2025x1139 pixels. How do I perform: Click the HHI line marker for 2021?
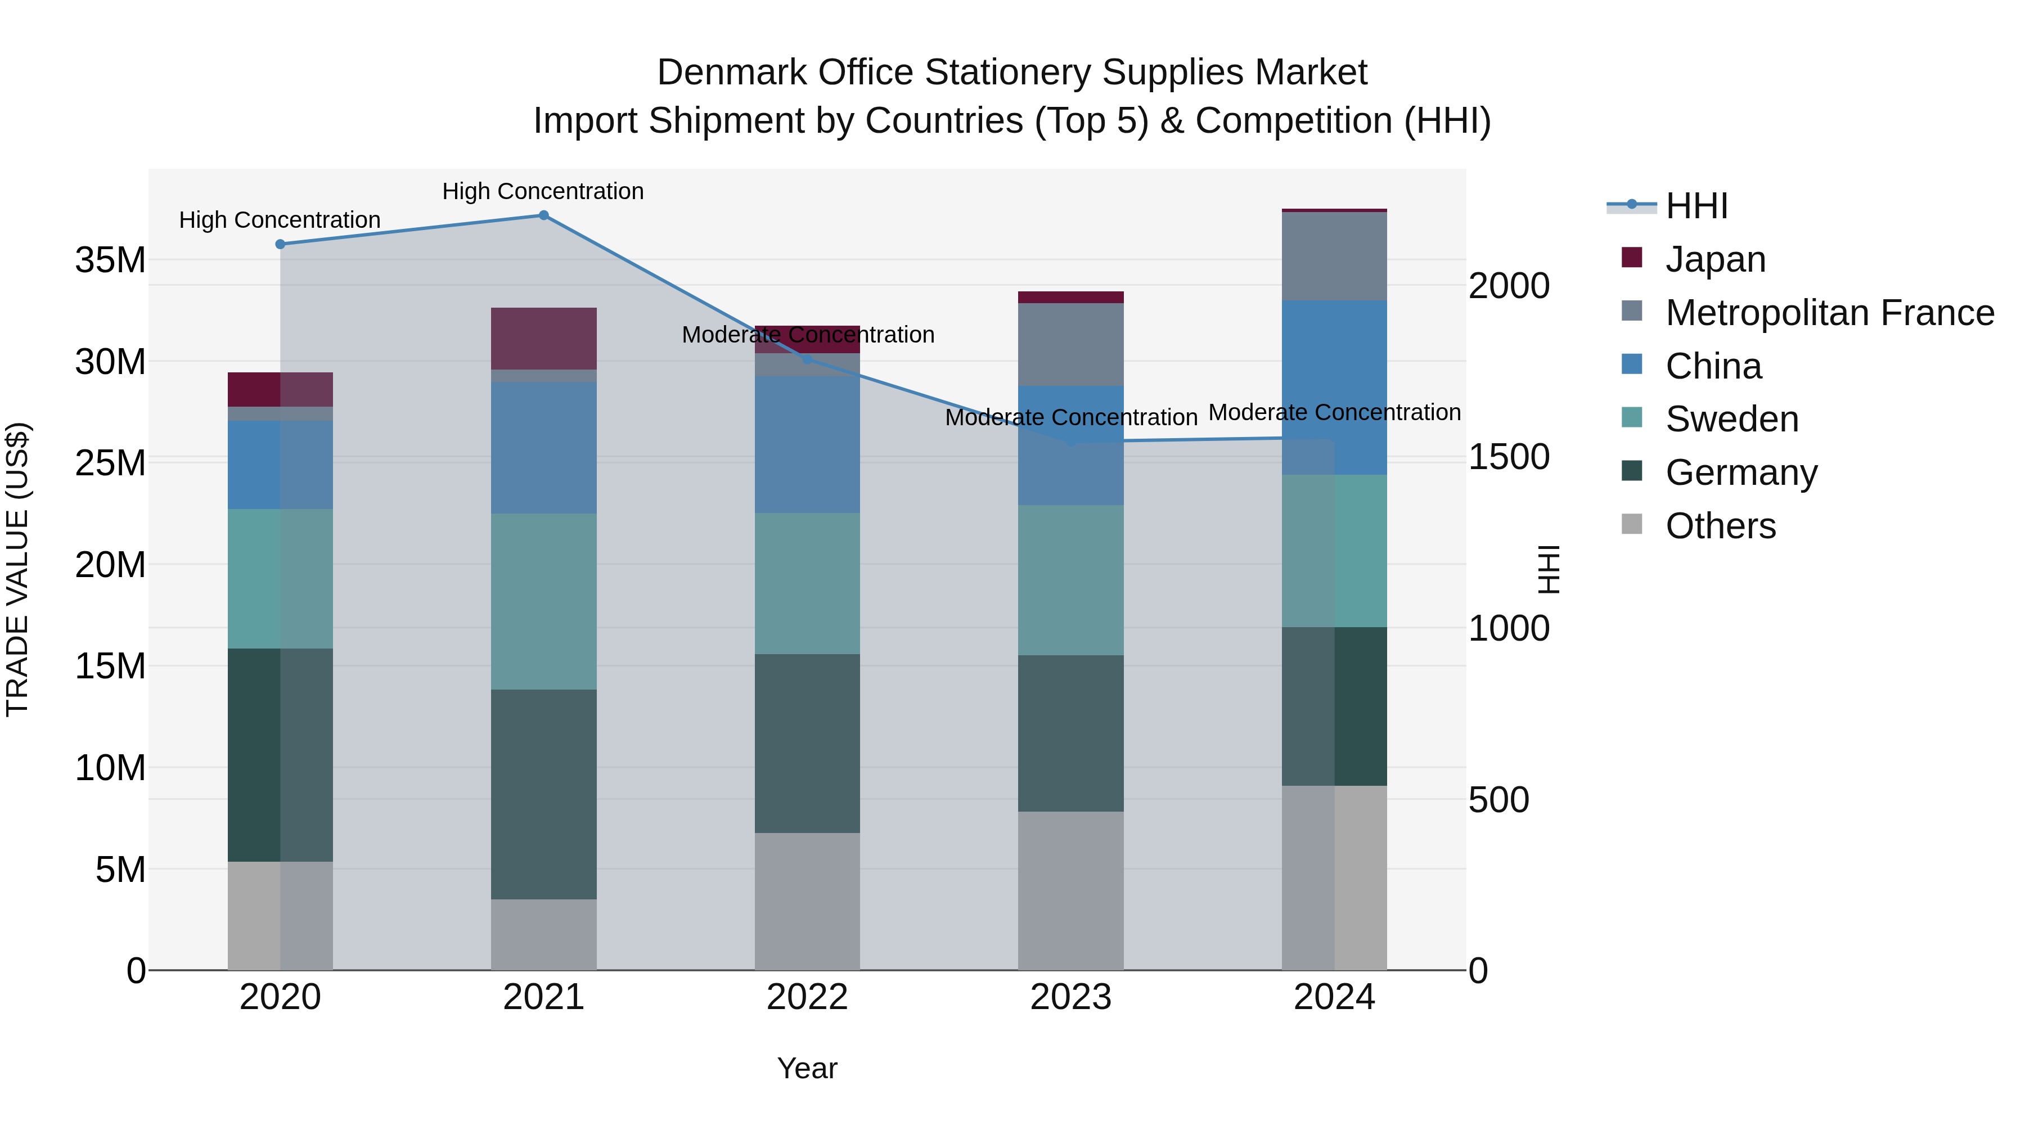coord(543,215)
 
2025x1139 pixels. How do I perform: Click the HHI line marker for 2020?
coord(280,245)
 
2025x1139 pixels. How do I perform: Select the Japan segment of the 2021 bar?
coord(543,339)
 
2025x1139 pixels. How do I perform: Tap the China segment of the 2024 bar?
coord(1334,387)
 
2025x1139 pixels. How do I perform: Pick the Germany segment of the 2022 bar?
coord(807,743)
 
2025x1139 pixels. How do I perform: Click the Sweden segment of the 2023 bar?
coord(1070,580)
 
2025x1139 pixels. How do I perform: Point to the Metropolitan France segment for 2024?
coord(1334,256)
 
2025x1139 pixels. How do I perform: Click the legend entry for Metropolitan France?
coord(1829,313)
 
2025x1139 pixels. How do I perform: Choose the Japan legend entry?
coord(1714,259)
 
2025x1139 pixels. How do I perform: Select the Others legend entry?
coord(1720,526)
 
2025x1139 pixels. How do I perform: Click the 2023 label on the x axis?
coord(1070,997)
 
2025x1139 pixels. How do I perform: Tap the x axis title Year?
coord(807,1068)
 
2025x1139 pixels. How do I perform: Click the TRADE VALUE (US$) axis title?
coord(17,569)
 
